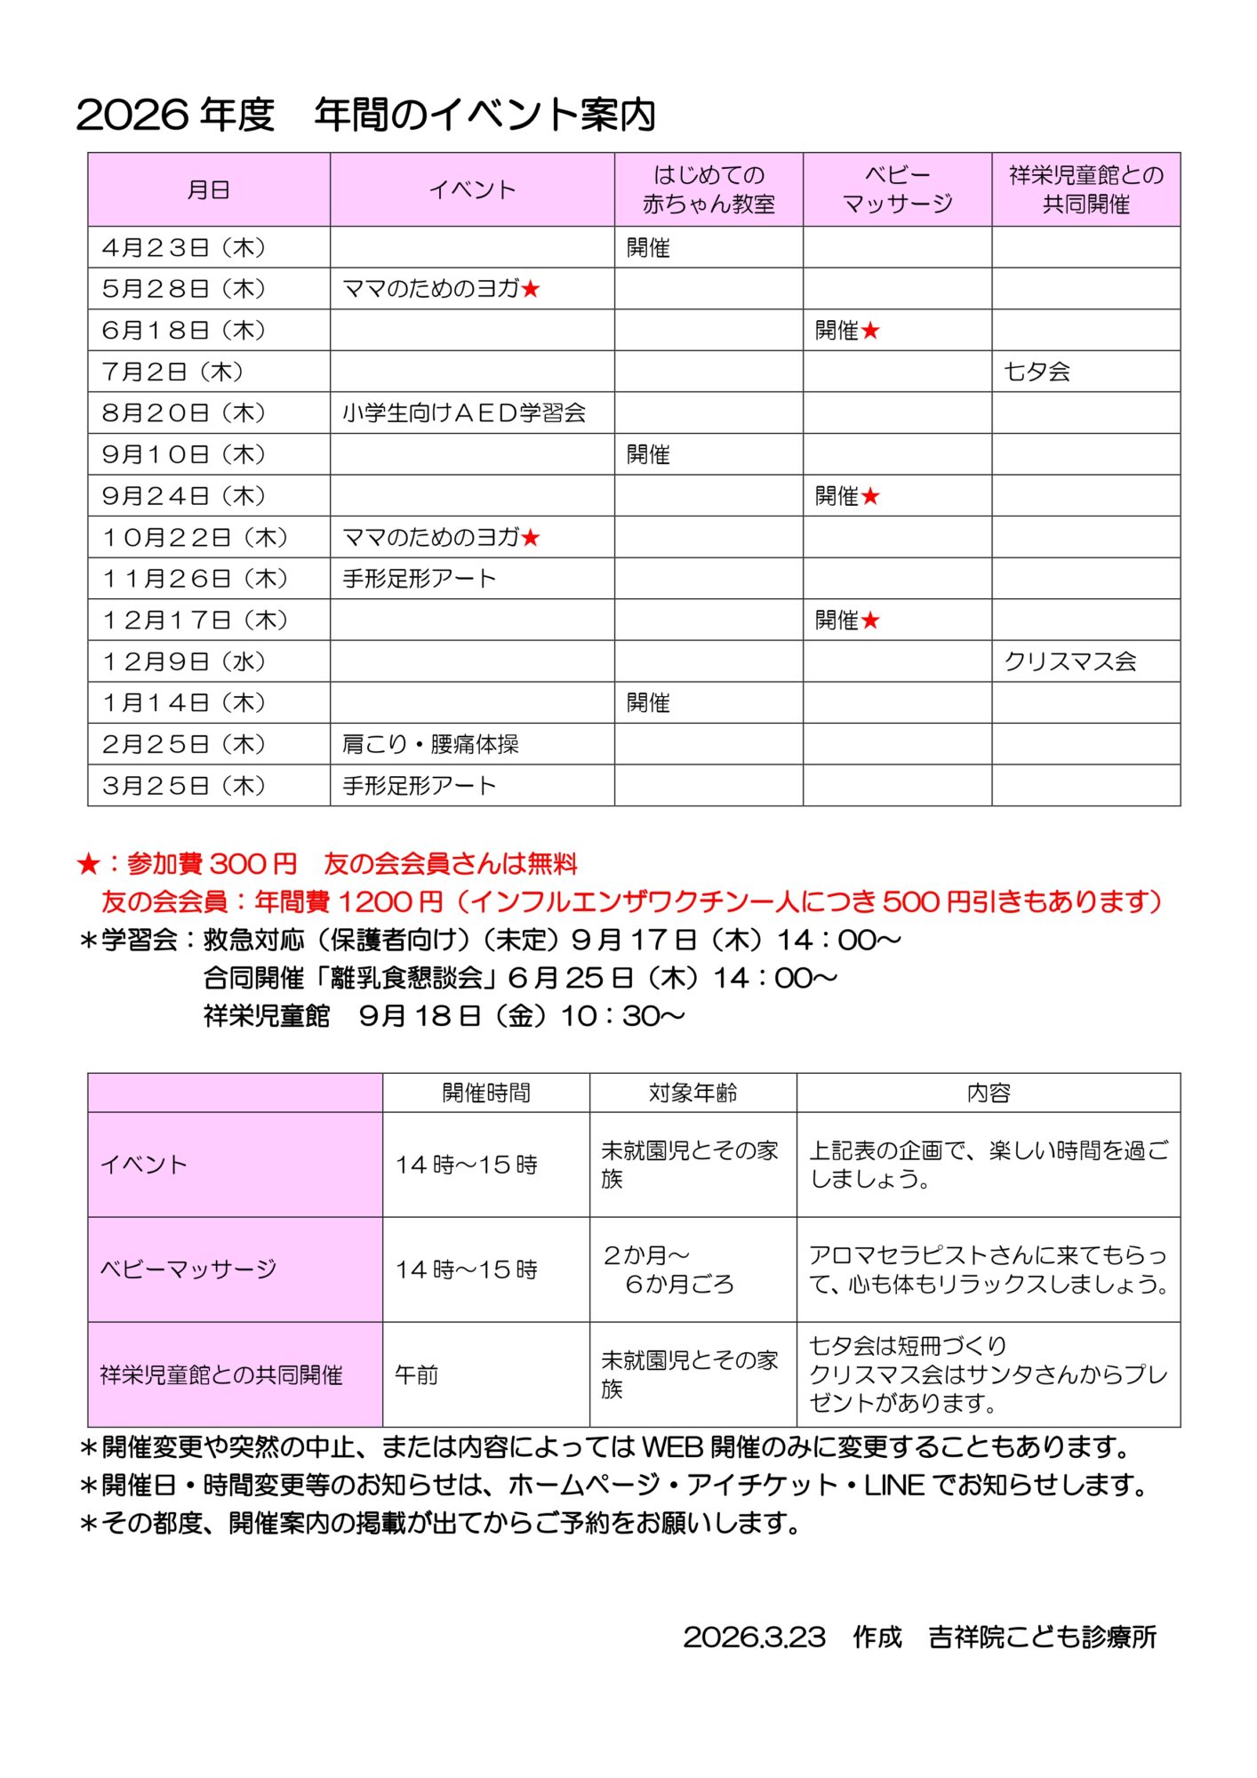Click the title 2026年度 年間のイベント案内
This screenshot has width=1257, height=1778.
365,115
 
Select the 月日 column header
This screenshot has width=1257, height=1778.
208,189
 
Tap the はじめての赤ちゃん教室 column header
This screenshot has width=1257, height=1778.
709,189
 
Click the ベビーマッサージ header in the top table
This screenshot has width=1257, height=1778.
897,189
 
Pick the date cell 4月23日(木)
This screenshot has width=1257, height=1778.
184,247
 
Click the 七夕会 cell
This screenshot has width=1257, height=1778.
1037,372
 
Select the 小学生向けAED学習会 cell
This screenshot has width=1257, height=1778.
464,413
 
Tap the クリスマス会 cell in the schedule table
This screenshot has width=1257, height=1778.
1070,661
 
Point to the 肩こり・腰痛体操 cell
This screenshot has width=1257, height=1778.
430,744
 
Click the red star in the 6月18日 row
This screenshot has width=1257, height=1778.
870,331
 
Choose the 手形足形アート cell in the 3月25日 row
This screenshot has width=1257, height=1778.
419,786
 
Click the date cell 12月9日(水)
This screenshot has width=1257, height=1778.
184,661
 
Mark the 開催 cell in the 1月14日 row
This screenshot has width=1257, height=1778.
648,703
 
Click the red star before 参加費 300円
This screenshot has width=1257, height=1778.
88,863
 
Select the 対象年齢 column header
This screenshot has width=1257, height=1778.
693,1093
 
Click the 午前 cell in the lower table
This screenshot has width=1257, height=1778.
417,1374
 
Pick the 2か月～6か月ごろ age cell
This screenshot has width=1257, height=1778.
669,1269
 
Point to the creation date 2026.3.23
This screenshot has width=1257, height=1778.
754,1638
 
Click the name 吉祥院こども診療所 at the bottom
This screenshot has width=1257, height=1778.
1042,1638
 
